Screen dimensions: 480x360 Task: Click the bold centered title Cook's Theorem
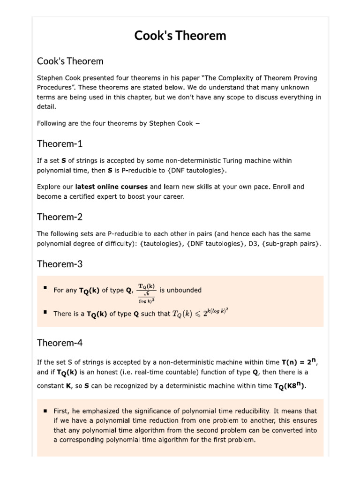180,36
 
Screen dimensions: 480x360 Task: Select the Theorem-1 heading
60,143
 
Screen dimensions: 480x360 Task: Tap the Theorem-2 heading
60,217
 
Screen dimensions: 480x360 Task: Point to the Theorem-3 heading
60,264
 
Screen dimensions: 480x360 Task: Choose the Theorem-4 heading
60,343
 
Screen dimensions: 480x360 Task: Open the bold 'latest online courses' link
111,187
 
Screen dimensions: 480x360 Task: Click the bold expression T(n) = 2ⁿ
300,362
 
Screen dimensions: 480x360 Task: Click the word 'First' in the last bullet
62,411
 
